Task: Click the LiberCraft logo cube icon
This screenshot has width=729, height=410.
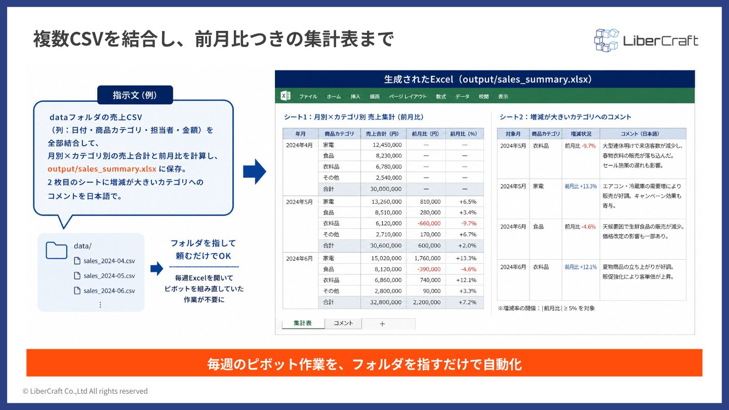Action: tap(606, 40)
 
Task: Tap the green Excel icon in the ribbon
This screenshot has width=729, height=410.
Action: tap(285, 96)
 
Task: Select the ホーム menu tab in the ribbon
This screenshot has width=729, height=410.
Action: tap(334, 97)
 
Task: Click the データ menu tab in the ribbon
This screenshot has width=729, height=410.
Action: tap(462, 97)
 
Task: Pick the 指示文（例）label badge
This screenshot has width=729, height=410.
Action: tap(135, 95)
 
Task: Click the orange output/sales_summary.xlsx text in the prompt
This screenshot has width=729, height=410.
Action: tap(102, 169)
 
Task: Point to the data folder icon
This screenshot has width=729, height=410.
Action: tap(56, 250)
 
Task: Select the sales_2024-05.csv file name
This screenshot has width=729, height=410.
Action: tap(109, 276)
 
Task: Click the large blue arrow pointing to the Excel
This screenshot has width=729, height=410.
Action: tap(255, 172)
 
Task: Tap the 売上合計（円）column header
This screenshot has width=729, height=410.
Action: tap(383, 134)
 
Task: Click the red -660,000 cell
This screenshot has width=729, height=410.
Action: tap(429, 224)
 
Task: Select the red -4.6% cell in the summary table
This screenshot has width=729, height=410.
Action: tap(468, 269)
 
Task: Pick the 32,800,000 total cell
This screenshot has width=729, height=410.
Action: tap(386, 302)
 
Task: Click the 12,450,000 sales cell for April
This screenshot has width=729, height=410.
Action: tap(387, 145)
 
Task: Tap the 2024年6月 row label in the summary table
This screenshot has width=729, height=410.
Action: tap(299, 259)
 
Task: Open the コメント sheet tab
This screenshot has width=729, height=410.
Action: tap(343, 323)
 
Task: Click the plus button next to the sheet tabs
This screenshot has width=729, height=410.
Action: tap(382, 324)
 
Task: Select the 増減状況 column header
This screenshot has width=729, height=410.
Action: tap(581, 134)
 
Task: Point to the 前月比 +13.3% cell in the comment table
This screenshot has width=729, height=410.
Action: tap(581, 186)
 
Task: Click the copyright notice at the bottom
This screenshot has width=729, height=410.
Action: tap(85, 391)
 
